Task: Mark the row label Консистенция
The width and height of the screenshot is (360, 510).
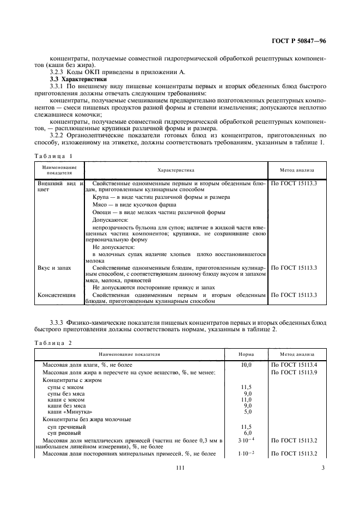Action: tap(56, 295)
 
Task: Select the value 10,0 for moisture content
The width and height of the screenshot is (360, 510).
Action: tap(247, 364)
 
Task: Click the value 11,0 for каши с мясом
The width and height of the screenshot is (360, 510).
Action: tap(247, 399)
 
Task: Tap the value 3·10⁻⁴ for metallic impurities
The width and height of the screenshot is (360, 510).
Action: tap(247, 440)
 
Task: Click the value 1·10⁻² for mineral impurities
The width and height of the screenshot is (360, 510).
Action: tap(247, 453)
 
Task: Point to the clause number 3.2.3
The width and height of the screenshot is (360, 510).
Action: tap(58, 72)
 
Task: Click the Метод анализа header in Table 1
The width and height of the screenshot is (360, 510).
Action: tap(298, 170)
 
